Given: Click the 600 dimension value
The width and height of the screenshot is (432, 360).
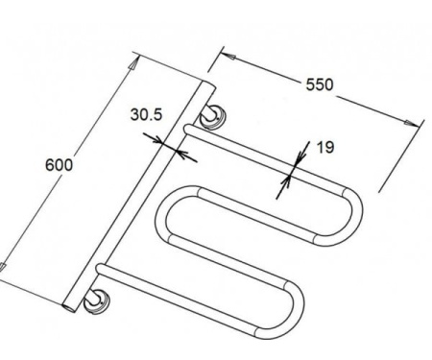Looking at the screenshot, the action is point(60,165).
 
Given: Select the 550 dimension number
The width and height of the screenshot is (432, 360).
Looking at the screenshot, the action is point(320,84).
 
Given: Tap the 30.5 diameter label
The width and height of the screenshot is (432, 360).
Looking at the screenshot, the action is point(147,114).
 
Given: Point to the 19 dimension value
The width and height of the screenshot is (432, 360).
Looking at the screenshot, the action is point(325,147).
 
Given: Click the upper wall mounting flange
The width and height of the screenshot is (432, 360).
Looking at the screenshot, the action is point(214,117).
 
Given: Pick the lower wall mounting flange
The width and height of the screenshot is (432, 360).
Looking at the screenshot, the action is point(96,302).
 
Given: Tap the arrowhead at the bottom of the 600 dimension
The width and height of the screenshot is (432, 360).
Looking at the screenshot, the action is point(2,267).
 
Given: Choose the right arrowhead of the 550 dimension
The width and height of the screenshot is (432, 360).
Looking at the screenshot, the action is point(412,124).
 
